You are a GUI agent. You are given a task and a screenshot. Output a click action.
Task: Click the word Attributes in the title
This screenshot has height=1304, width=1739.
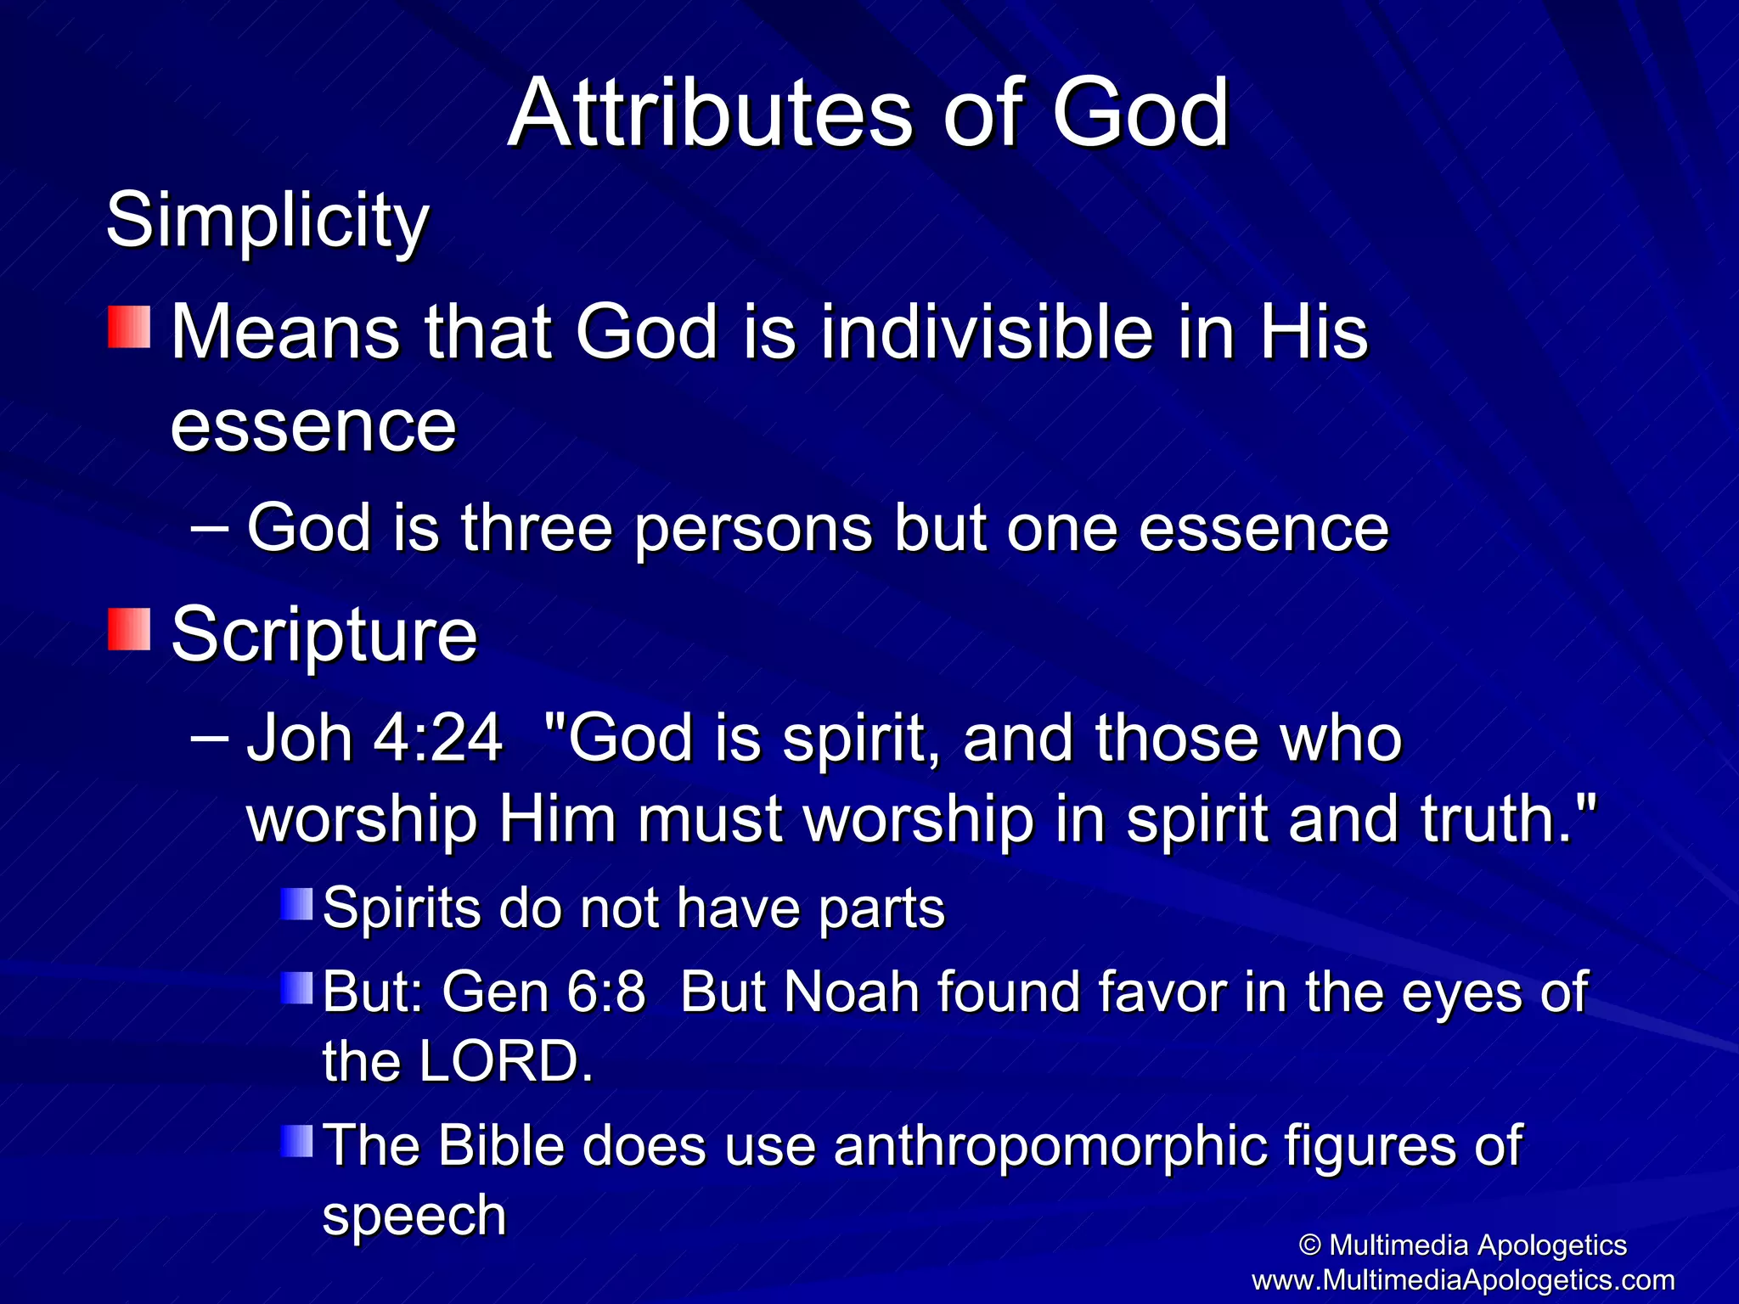coord(710,113)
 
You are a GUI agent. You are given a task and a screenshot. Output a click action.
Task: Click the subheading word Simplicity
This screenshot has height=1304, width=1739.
coord(267,221)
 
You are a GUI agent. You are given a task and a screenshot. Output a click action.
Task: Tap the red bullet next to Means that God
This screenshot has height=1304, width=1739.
coord(129,328)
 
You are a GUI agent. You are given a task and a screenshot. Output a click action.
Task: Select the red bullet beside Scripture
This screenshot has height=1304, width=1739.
coord(129,630)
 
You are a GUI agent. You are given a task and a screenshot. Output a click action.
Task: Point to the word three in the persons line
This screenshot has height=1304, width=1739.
coord(537,528)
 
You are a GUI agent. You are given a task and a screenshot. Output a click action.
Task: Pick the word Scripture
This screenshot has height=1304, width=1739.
coord(324,635)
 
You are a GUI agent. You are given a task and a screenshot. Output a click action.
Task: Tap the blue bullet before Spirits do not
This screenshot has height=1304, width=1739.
coord(297,903)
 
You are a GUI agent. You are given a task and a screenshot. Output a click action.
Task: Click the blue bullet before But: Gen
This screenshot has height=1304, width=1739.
coord(297,987)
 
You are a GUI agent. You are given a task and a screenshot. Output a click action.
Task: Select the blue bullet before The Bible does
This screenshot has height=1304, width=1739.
coord(297,1141)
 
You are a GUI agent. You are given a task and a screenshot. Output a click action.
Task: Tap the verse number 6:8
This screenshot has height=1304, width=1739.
coord(605,992)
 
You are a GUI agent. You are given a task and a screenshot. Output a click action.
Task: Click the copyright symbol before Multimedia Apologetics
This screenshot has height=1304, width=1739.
coord(1310,1245)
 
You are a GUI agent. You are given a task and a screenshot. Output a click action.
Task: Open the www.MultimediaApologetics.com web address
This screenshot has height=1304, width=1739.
coord(1462,1279)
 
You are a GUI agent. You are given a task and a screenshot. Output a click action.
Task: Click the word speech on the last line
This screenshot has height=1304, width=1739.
coord(414,1214)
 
